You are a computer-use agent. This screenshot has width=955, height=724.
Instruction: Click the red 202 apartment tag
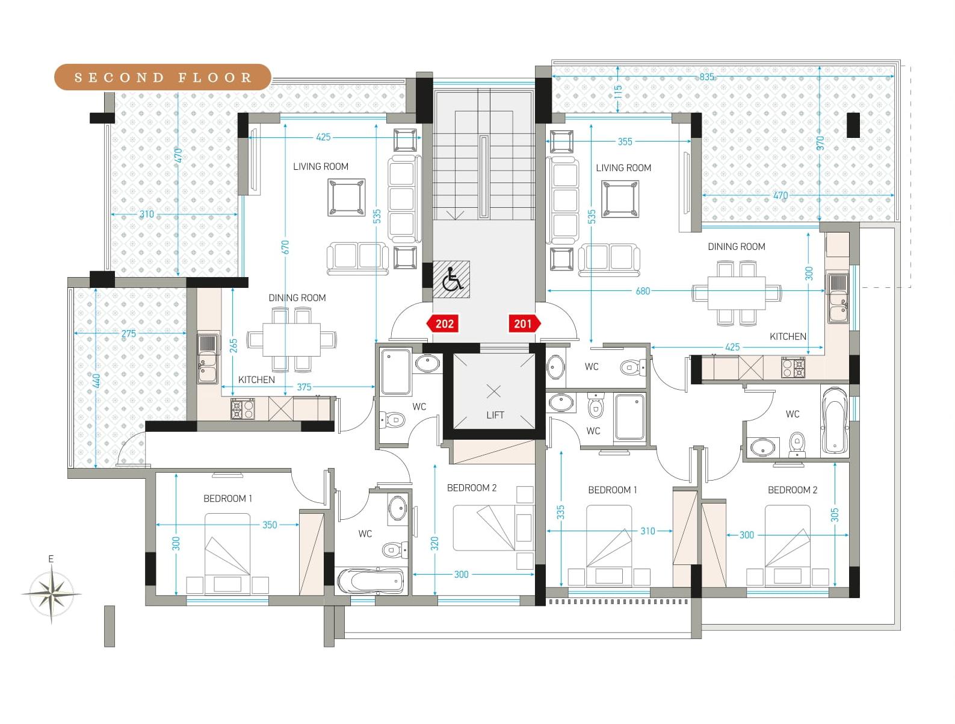click(444, 323)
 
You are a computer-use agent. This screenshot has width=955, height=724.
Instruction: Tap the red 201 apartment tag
click(525, 323)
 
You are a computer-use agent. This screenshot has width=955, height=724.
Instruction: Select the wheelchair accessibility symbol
click(451, 279)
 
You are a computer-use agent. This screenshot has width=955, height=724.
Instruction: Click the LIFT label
click(495, 415)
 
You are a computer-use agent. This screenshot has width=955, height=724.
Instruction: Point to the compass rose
click(51, 593)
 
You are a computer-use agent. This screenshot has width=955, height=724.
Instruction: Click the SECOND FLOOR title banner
click(162, 77)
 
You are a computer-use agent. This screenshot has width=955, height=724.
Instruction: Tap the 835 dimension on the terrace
click(706, 76)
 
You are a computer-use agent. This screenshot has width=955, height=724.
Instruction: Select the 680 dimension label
click(643, 291)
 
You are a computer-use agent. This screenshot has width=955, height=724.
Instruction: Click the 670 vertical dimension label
click(285, 247)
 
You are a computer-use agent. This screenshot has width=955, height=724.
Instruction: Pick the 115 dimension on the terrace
click(618, 92)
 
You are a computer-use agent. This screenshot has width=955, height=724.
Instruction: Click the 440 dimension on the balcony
click(97, 381)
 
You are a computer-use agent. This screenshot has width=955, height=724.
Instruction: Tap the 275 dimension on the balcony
click(129, 334)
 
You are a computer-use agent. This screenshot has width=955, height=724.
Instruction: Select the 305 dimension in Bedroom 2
click(835, 515)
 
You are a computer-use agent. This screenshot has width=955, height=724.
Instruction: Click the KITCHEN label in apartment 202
click(256, 379)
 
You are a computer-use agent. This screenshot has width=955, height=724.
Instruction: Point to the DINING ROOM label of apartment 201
click(736, 246)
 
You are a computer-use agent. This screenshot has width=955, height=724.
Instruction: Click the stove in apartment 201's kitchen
click(793, 367)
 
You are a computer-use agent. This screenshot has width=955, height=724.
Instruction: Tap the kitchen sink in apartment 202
click(208, 359)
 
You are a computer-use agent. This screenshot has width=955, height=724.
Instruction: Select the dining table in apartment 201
click(736, 293)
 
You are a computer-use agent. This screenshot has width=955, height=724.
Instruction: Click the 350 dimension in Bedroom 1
click(270, 525)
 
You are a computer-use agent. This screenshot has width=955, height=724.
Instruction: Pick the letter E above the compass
click(51, 559)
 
